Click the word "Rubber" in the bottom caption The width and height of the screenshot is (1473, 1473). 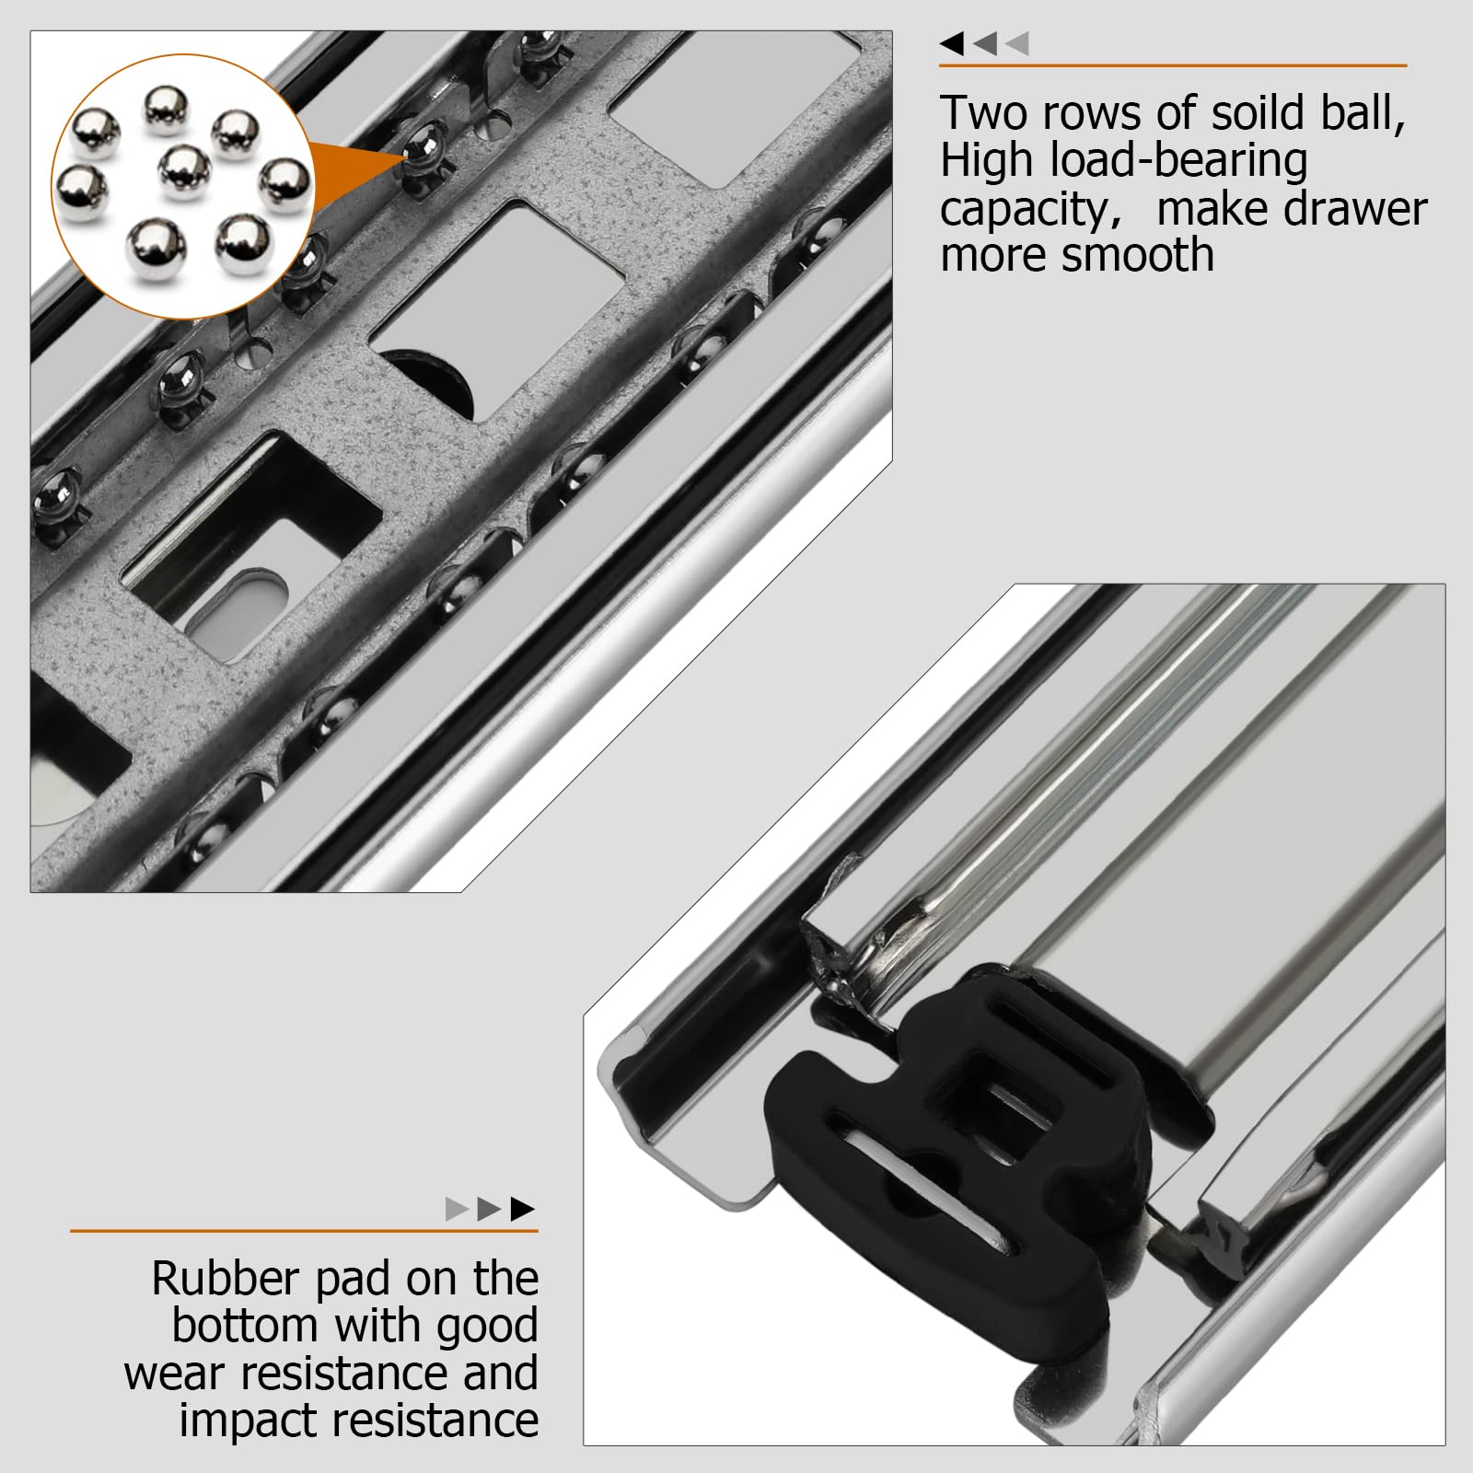tap(226, 1279)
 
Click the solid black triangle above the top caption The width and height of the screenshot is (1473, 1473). tap(952, 43)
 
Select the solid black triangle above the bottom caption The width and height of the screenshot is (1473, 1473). tap(522, 1209)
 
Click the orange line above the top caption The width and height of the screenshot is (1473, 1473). tap(1173, 65)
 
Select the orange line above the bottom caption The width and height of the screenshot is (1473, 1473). tap(304, 1231)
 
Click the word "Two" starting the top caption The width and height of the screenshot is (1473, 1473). tap(983, 113)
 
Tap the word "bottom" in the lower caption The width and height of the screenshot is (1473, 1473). tap(245, 1326)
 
